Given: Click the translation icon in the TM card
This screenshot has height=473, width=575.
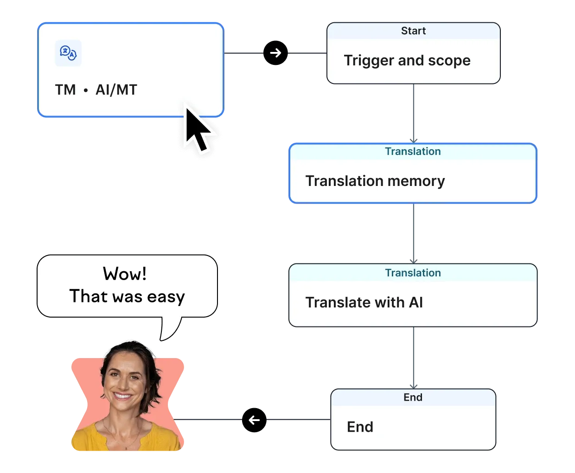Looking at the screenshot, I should point(68,53).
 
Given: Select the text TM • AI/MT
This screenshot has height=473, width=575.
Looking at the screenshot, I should point(96,89).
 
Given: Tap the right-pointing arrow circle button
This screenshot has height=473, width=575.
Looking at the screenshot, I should point(275,53).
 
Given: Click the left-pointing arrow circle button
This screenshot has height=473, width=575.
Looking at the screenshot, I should point(254,420).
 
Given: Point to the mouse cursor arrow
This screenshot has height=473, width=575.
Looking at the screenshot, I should point(198,130).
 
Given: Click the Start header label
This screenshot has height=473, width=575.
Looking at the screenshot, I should point(413,31).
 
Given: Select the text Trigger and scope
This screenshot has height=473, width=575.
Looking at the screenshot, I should point(407,61).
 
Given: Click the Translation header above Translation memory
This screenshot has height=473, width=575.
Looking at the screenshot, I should point(413,152).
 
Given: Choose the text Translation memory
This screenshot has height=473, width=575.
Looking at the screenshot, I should point(375,181).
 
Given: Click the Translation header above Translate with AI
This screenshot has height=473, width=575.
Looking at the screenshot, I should point(413,273).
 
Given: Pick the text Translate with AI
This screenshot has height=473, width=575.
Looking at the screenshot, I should point(364,302).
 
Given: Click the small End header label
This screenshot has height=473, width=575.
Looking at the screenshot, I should point(413,397).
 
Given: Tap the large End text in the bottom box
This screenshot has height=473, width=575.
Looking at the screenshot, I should point(360,427).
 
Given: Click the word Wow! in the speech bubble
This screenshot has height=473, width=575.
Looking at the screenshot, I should point(125,274).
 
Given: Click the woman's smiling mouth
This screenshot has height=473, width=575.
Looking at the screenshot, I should point(123,396).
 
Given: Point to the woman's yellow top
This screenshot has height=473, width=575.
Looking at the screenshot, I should point(125,438).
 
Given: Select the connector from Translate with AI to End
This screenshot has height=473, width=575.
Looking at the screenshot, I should point(413,357).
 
